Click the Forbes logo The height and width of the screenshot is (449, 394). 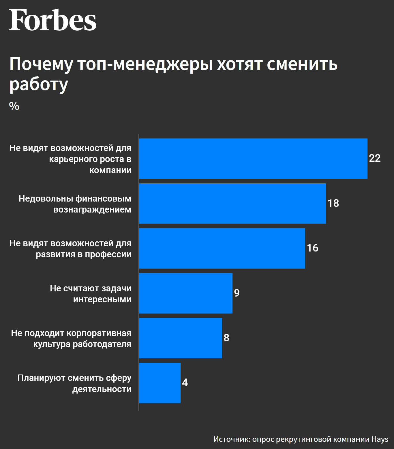click(x=52, y=20)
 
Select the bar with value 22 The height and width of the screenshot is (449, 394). click(x=253, y=159)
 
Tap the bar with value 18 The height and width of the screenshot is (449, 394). click(x=232, y=203)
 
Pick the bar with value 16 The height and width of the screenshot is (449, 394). click(x=222, y=248)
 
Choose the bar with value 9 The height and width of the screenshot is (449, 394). click(x=185, y=293)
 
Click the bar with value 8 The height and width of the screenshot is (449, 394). click(x=180, y=338)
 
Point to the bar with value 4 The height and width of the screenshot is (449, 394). click(x=160, y=383)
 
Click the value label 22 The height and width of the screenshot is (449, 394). click(x=375, y=158)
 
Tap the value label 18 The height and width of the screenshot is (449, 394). click(x=333, y=203)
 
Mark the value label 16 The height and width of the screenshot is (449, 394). click(x=312, y=248)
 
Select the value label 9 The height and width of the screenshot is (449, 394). click(x=237, y=293)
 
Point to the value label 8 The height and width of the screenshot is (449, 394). click(x=226, y=338)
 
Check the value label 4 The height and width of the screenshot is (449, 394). click(x=185, y=383)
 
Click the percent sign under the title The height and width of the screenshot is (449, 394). click(x=14, y=106)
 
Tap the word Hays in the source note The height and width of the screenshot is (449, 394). click(x=380, y=439)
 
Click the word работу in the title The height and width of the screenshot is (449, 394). click(x=39, y=84)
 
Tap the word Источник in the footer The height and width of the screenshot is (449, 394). click(x=232, y=439)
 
